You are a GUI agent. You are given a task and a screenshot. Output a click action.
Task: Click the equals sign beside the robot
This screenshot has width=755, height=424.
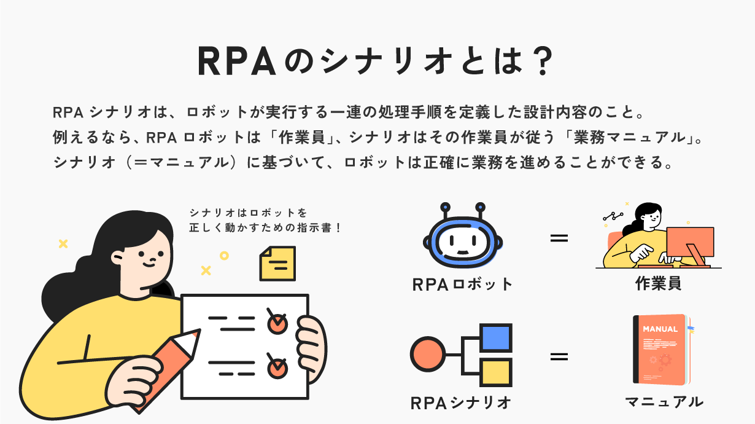click(559, 237)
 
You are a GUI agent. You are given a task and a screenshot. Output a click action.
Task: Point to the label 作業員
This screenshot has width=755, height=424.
click(659, 285)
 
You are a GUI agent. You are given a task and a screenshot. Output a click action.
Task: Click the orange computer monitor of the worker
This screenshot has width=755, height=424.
click(689, 242)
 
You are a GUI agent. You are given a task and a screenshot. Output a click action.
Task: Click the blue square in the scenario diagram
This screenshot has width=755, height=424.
click(496, 337)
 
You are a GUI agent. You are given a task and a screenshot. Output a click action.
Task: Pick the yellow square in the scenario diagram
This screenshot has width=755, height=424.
click(496, 372)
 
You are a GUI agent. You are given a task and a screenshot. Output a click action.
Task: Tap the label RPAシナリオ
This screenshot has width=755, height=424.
click(461, 403)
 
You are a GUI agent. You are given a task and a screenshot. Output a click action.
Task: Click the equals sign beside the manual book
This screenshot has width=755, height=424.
click(559, 356)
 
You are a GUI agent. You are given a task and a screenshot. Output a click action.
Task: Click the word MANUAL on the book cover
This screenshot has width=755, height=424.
click(660, 329)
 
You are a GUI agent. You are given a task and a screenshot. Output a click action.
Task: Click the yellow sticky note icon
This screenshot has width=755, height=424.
click(277, 264)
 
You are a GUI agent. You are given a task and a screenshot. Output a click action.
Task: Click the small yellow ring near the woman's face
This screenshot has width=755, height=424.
click(224, 255)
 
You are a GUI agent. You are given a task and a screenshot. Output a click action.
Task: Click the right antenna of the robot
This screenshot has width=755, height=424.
click(480, 208)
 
